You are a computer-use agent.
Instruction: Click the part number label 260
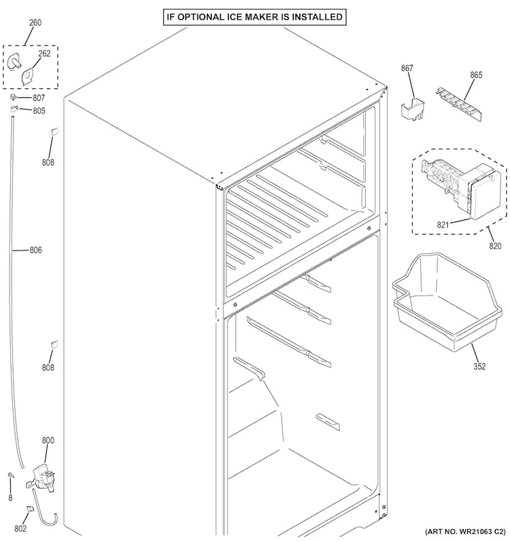click(34, 23)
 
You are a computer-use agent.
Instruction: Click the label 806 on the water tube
click(35, 250)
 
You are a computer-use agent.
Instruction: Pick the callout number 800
click(48, 440)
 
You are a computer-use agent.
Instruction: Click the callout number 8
click(10, 498)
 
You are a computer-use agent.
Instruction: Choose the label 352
click(479, 367)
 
